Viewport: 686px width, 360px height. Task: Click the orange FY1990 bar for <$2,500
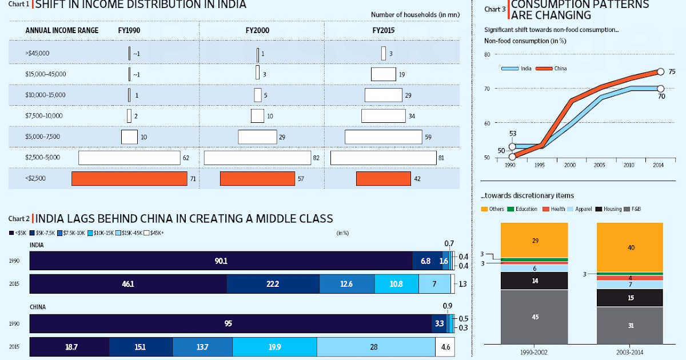point(129,179)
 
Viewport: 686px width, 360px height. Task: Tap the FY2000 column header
point(257,30)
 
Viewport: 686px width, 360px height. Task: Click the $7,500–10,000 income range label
point(44,116)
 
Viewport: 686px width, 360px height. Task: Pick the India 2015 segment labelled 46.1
point(128,284)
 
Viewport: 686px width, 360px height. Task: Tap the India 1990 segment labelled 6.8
point(425,261)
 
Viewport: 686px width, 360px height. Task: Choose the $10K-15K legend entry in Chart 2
point(102,233)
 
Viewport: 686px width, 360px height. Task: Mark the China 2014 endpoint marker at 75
point(660,71)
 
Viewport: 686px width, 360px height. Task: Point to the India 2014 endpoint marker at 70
point(660,88)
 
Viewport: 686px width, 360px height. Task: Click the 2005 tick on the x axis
point(600,165)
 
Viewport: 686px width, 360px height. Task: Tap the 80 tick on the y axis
point(487,54)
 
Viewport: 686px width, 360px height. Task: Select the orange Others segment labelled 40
point(630,247)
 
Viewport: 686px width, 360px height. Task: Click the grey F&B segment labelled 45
point(534,317)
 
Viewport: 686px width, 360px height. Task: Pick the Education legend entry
point(523,209)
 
